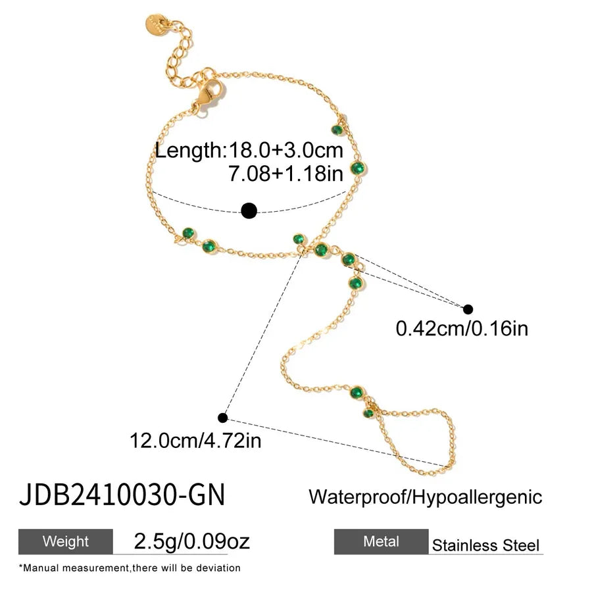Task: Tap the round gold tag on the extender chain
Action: click(x=157, y=25)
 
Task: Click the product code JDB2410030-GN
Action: click(x=122, y=494)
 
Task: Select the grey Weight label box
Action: click(x=66, y=541)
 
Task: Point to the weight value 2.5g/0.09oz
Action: click(x=192, y=541)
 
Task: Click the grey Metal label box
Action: click(x=382, y=541)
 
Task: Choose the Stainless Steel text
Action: click(x=485, y=545)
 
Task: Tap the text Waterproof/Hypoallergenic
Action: click(x=426, y=497)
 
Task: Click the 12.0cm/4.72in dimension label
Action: click(x=195, y=440)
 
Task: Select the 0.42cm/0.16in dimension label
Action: click(x=462, y=328)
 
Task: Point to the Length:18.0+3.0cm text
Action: click(x=249, y=150)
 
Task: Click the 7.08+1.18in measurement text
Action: click(x=286, y=173)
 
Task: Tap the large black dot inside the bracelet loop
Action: click(x=249, y=210)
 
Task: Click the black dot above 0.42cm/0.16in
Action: click(x=468, y=310)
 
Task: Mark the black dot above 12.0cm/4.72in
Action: click(x=223, y=418)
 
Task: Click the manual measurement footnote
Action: click(x=130, y=568)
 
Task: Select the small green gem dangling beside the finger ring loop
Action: click(x=368, y=413)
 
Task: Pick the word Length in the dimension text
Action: click(x=190, y=151)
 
